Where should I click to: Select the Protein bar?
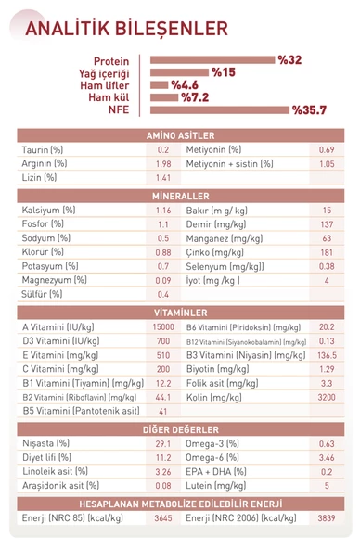(212, 59)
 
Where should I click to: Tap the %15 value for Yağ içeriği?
(224, 71)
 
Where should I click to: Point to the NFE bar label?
(118, 109)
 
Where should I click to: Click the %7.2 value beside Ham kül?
(195, 96)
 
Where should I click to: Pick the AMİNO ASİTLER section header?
(180, 135)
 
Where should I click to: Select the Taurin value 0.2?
(163, 149)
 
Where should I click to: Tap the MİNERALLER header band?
(180, 197)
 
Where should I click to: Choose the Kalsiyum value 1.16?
(163, 211)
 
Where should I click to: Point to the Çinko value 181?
(327, 252)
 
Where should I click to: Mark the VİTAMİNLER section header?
(180, 313)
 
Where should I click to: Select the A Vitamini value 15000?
(162, 326)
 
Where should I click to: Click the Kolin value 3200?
(327, 396)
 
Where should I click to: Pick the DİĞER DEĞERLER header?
(180, 429)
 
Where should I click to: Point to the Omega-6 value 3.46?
(327, 457)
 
